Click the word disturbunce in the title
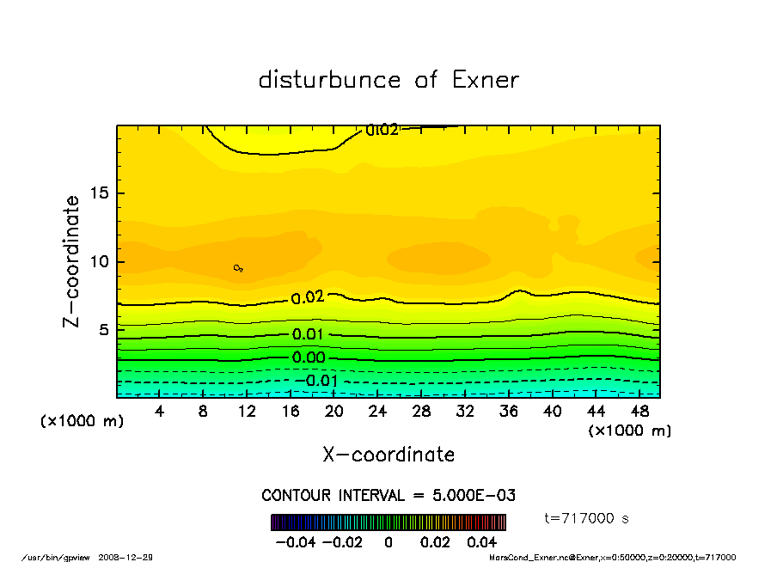click(x=329, y=80)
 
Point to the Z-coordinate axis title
click(x=72, y=261)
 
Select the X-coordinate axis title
click(x=388, y=455)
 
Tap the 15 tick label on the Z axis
click(x=99, y=193)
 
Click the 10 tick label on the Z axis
click(x=99, y=261)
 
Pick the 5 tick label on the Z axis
click(x=103, y=329)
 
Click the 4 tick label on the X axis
click(x=160, y=412)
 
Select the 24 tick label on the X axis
click(x=376, y=412)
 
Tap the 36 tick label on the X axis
click(x=508, y=412)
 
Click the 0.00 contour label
click(x=309, y=357)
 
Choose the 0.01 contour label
click(x=308, y=334)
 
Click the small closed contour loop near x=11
click(x=238, y=268)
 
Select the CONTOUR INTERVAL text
click(x=388, y=496)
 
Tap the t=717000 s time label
click(x=587, y=517)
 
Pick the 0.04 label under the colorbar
click(x=482, y=542)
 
